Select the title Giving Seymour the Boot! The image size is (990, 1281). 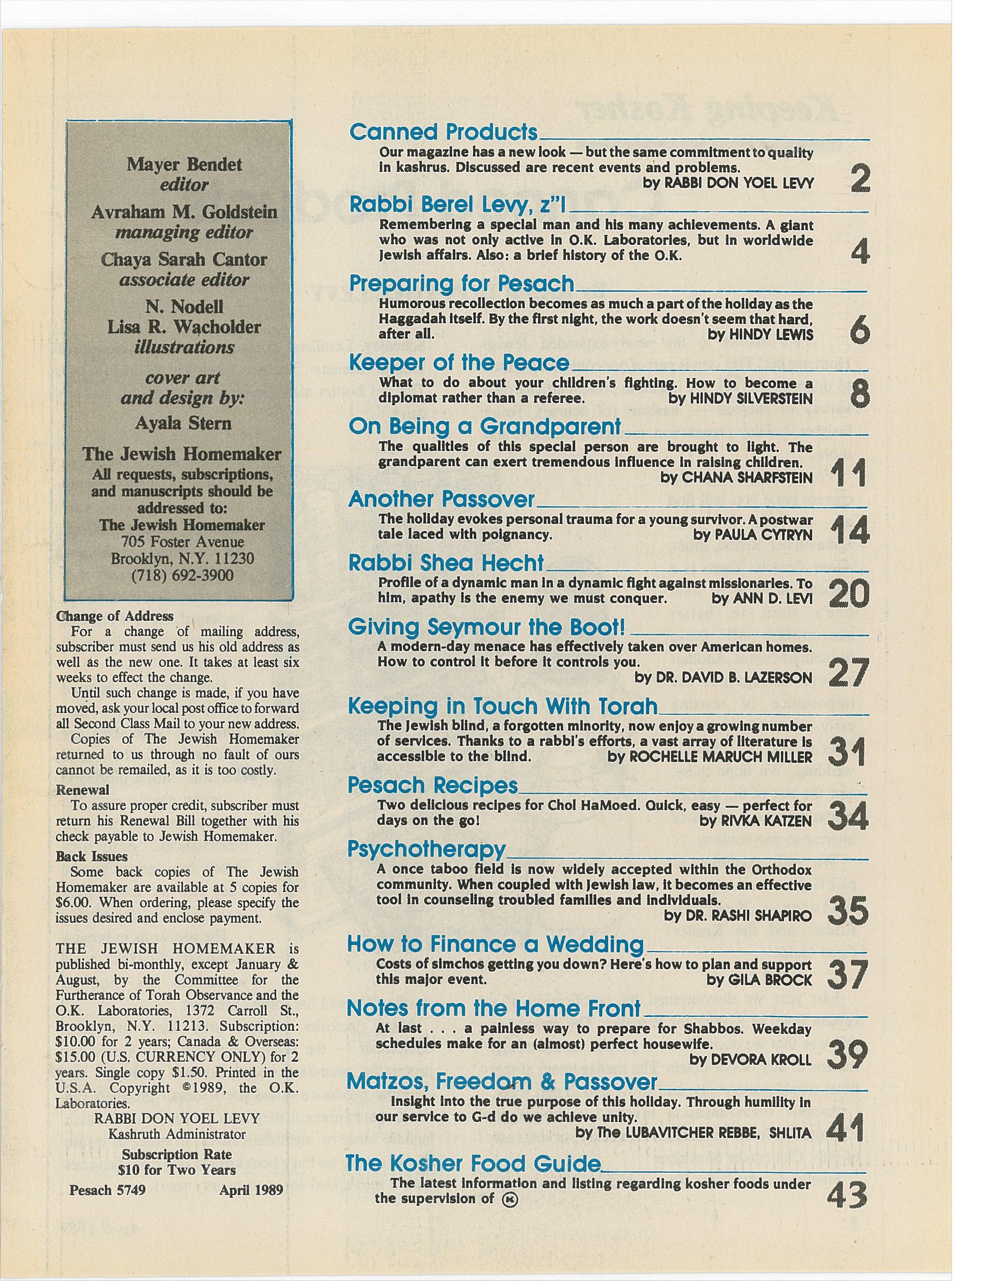486,627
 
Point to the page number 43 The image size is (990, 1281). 846,1193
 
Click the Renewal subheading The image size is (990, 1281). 83,790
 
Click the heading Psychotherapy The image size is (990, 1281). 426,849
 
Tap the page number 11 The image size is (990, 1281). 848,473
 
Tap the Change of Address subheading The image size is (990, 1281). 115,616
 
